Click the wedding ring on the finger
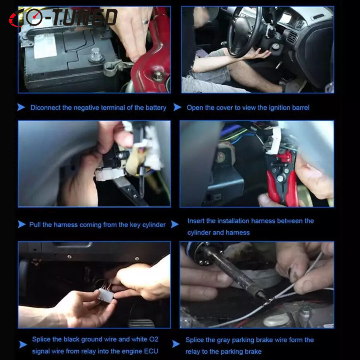(x=145, y=22)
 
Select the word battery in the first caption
(x=156, y=108)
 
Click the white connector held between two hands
(x=105, y=296)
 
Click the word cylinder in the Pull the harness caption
(x=154, y=225)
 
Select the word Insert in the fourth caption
(x=196, y=221)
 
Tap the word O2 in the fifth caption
(x=154, y=339)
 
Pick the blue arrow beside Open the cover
(x=177, y=107)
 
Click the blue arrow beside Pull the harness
(x=22, y=224)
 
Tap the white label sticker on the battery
(x=45, y=46)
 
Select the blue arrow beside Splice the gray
(x=176, y=344)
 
